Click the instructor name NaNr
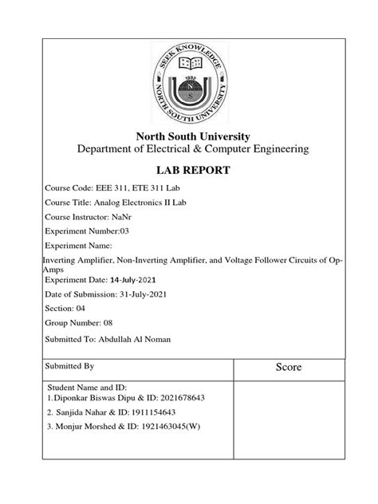pos(128,222)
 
